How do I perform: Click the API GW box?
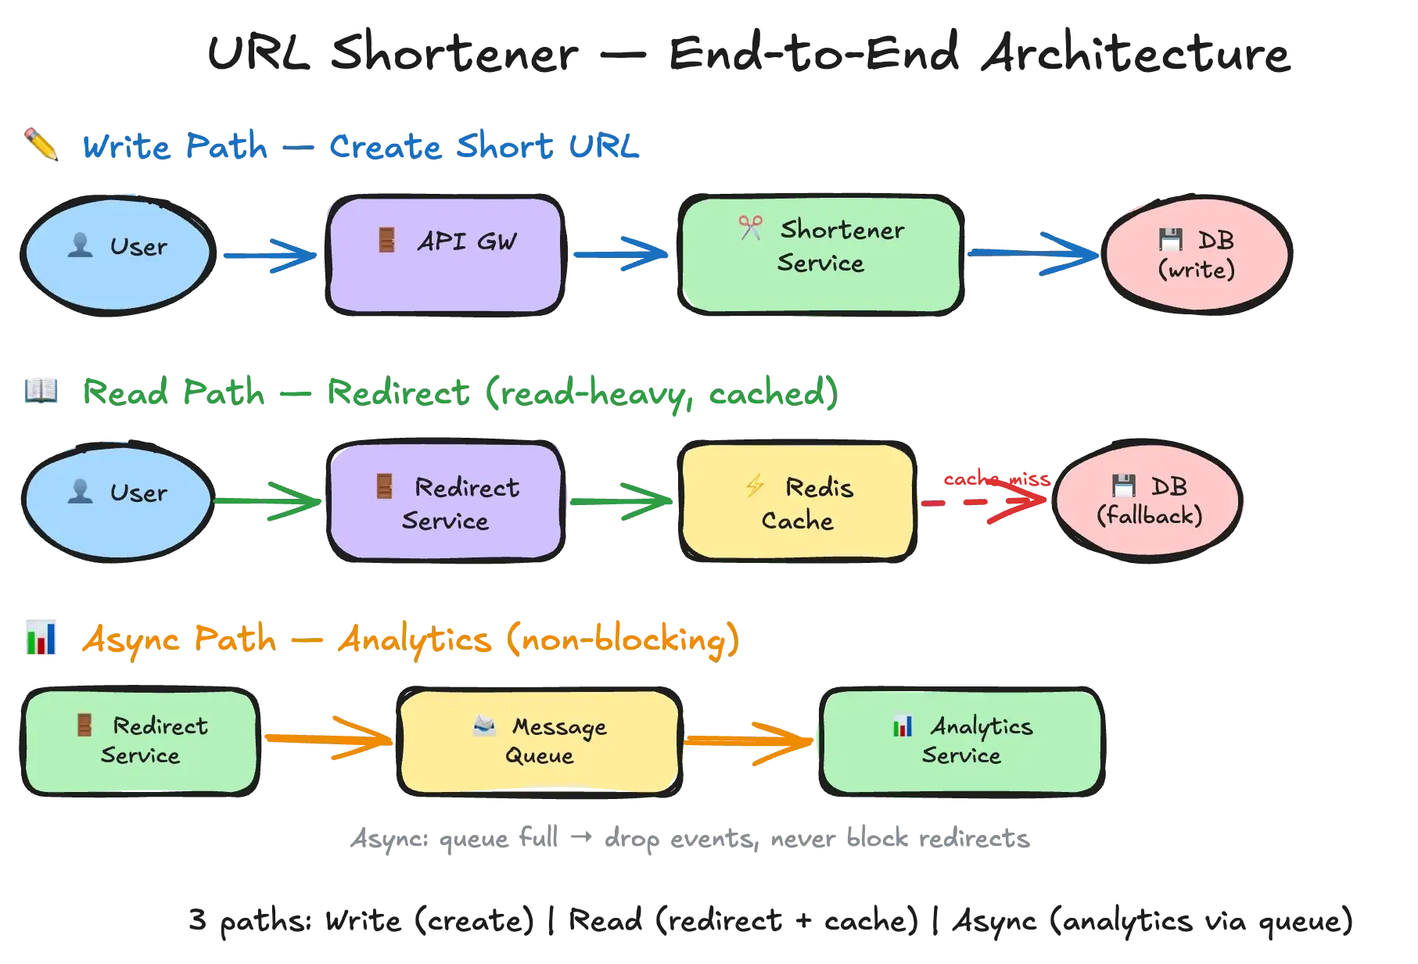[445, 256]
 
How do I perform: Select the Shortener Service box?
[820, 256]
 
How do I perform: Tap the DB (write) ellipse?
[1196, 255]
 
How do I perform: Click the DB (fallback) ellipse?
[1148, 501]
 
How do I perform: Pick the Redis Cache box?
[797, 502]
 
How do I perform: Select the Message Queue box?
[539, 741]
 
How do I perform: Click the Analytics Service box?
[961, 741]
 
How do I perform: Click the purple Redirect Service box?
[445, 502]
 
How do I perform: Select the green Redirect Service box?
[141, 741]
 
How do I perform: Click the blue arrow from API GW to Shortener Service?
[619, 255]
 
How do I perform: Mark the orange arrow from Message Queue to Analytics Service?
[749, 740]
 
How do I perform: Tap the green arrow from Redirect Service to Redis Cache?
[619, 500]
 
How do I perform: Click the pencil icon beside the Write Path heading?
[42, 145]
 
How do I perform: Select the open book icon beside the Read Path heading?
[41, 390]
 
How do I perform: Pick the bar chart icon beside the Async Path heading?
[42, 638]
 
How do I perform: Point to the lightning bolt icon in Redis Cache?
[755, 486]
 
